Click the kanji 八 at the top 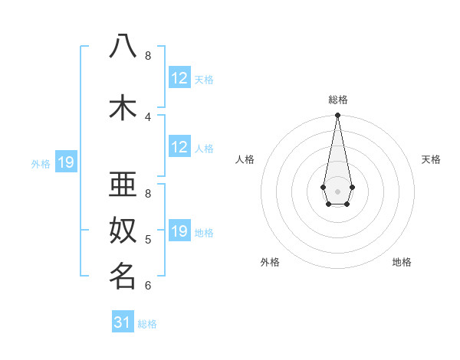click(123, 46)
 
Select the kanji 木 click(123, 106)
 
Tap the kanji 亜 click(123, 185)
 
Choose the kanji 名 click(123, 275)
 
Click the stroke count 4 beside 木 click(148, 117)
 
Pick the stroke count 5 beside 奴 click(148, 240)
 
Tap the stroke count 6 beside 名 click(148, 286)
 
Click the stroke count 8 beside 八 click(148, 56)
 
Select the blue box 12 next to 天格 click(179, 78)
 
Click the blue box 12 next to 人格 click(179, 147)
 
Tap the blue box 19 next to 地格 click(179, 231)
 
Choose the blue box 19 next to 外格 click(66, 162)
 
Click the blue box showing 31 click(123, 322)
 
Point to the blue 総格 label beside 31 click(147, 324)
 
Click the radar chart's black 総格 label click(337, 100)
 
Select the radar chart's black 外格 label click(270, 262)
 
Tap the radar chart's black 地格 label click(402, 262)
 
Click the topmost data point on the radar click(337, 116)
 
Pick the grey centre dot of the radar click(337, 190)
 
